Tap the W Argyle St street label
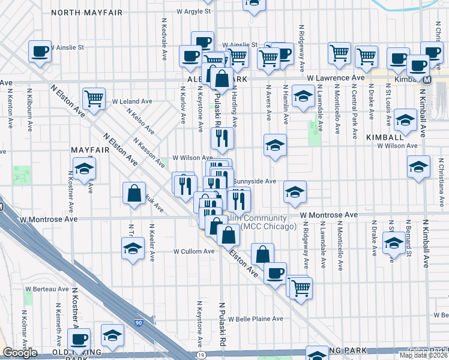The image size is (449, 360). pos(194,11)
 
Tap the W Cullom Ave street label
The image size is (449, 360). pos(194,251)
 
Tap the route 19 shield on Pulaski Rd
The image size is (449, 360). pos(200,355)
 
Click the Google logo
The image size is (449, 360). pos(20,353)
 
